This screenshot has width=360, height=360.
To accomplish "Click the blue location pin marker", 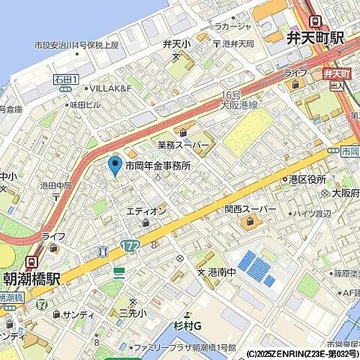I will click(115, 164).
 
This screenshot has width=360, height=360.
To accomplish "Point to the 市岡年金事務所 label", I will click(158, 166).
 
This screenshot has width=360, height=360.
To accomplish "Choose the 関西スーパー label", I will click(250, 208).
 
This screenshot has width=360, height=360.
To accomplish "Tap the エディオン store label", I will click(145, 211).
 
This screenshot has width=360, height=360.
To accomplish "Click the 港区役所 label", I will click(307, 179).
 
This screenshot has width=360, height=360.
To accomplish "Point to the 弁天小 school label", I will click(176, 46).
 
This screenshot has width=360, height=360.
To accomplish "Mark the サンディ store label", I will click(78, 314).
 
